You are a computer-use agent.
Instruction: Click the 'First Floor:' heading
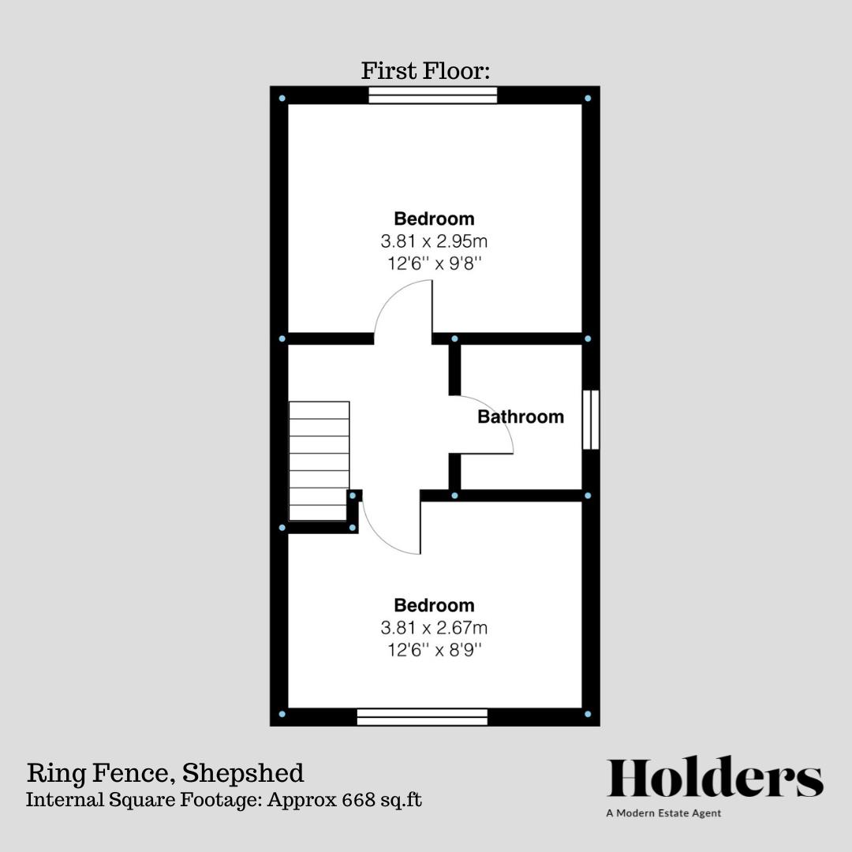point(426,71)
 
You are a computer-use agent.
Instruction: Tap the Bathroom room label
point(521,417)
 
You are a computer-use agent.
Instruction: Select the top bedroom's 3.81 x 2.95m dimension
point(434,241)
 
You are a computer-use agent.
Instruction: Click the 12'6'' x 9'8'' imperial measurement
point(434,263)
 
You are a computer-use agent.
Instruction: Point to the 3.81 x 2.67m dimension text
point(434,628)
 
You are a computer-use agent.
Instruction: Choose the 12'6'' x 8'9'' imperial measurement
point(434,651)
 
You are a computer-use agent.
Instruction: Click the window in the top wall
point(433,95)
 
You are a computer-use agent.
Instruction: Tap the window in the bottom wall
point(422,716)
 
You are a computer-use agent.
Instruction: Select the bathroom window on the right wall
point(590,420)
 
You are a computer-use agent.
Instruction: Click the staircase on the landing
point(319,461)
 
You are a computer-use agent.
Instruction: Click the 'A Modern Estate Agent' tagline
point(663,813)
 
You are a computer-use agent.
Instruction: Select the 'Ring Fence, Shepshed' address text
point(165,772)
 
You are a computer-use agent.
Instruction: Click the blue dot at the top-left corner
point(282,99)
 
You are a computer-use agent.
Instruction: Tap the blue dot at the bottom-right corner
point(588,714)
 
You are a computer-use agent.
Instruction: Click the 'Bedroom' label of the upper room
point(434,219)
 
